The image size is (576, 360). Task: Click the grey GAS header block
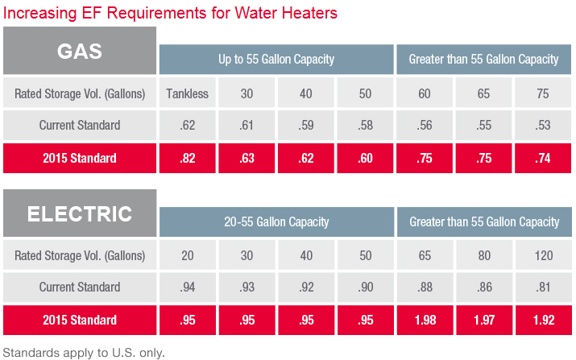[80, 51]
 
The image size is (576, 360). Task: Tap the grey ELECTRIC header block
[80, 213]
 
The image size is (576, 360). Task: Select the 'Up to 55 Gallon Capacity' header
[276, 60]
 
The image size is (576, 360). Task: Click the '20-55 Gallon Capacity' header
[276, 221]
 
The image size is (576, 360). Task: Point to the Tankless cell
[188, 93]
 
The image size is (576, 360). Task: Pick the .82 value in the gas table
[188, 158]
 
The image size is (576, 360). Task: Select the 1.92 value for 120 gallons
[542, 320]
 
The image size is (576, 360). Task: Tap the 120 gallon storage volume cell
[542, 255]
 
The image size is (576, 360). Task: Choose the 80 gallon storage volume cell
[483, 255]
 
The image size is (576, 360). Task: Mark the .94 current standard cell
[188, 287]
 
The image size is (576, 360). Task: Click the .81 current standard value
[542, 287]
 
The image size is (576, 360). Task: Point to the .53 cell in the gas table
[542, 125]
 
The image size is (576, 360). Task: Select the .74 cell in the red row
[542, 158]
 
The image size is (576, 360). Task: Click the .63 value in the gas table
[247, 158]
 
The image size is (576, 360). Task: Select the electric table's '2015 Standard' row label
[80, 320]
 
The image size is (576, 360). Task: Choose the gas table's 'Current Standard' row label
[80, 125]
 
